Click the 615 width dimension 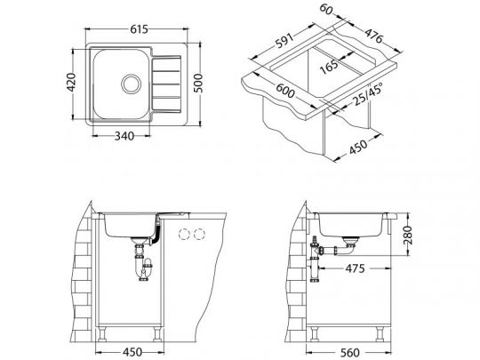(x=139, y=29)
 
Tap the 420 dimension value (x=71, y=83)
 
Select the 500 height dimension (x=199, y=83)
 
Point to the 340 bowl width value (x=124, y=136)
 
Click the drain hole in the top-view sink (x=132, y=84)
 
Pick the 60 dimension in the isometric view (x=326, y=9)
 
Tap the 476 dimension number (x=373, y=36)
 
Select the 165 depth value (x=330, y=67)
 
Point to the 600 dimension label (x=285, y=91)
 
